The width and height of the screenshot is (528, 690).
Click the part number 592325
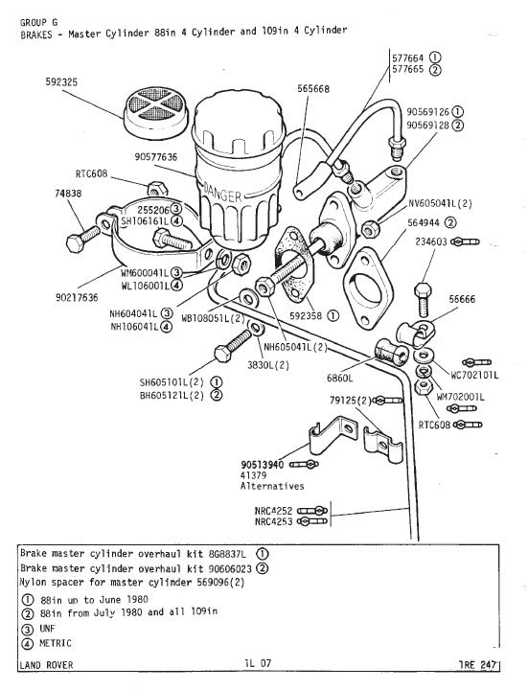click(61, 82)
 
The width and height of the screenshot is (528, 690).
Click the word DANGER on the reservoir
click(222, 194)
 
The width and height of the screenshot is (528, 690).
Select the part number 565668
click(312, 89)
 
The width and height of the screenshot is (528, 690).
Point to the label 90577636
click(156, 157)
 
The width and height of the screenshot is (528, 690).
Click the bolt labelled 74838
click(83, 238)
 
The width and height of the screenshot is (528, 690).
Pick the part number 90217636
click(77, 297)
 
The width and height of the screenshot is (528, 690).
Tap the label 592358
click(306, 316)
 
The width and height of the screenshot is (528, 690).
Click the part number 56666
click(462, 299)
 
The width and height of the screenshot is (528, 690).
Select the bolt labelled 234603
click(423, 300)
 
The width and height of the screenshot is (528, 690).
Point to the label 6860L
click(339, 378)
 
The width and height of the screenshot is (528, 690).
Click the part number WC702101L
click(474, 376)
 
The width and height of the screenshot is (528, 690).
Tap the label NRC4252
click(273, 511)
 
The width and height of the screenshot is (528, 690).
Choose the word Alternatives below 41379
click(272, 486)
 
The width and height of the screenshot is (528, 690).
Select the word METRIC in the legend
click(55, 643)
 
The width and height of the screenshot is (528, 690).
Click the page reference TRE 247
click(478, 664)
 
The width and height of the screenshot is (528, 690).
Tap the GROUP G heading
click(38, 22)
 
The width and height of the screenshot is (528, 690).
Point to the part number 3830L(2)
click(268, 365)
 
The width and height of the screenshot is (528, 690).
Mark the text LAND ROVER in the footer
click(47, 664)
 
